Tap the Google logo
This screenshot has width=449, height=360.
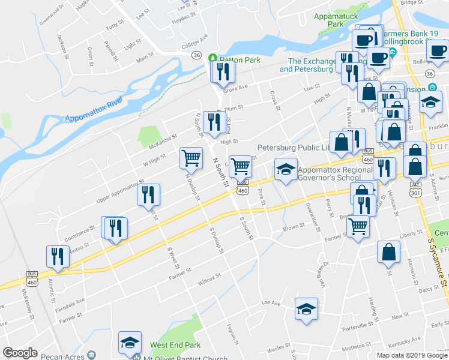20,353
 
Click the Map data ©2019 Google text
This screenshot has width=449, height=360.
411,355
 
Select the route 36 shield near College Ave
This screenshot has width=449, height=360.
196,55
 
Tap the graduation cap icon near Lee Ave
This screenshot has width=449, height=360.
306,310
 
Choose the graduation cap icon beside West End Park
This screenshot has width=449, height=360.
129,343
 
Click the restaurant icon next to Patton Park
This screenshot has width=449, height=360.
223,72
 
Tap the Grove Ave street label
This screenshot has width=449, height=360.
235,88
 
